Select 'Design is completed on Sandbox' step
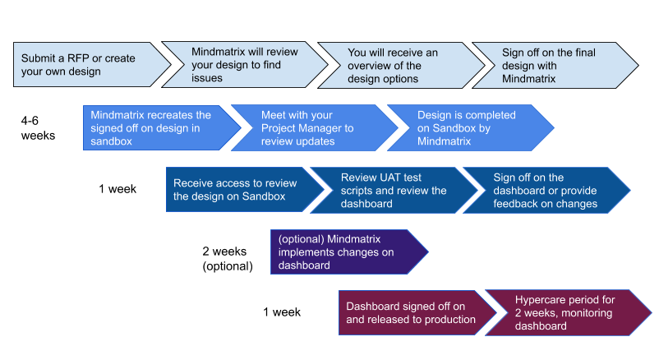point(464,127)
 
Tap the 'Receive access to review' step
point(234,190)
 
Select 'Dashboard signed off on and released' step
point(411,312)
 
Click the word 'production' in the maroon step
point(447,319)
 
